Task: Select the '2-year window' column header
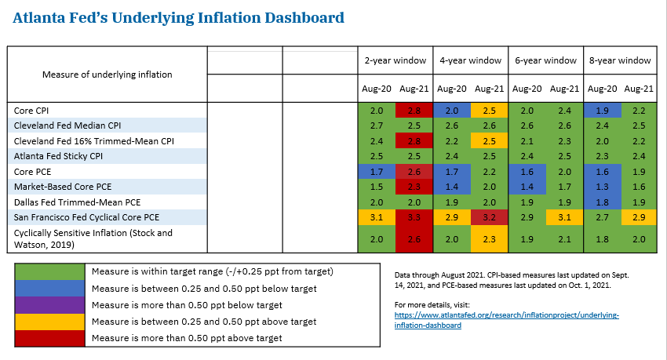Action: [395, 60]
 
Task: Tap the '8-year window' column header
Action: [620, 60]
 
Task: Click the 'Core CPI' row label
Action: [32, 111]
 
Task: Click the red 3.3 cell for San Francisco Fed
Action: [413, 216]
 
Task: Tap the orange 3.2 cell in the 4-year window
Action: [488, 216]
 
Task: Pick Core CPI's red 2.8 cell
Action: [413, 111]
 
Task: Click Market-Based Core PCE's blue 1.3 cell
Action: [601, 186]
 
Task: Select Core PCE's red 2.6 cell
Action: [413, 171]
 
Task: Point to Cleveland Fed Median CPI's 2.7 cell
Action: [376, 125]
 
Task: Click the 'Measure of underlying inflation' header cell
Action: [107, 75]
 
